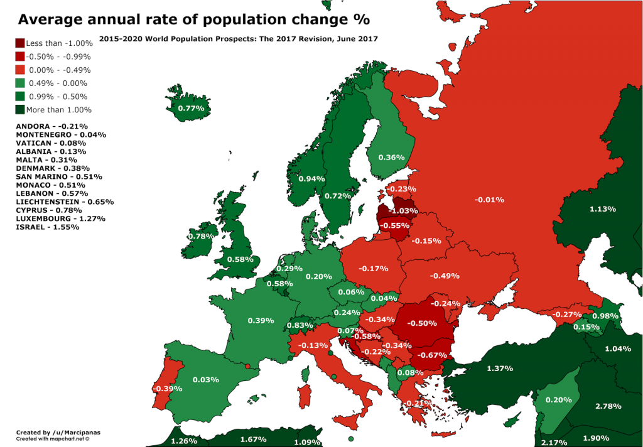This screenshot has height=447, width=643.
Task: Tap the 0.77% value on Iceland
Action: click(190, 108)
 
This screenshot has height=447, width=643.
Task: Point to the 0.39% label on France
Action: click(261, 321)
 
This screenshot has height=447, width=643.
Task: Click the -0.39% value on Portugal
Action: click(167, 389)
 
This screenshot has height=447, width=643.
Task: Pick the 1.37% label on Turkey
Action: click(500, 368)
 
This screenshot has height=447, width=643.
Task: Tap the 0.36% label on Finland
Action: click(391, 158)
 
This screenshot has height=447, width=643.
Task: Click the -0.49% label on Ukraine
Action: click(445, 276)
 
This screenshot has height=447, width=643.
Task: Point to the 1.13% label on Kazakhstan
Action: click(603, 209)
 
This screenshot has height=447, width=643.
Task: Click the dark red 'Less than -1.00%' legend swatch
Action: click(20, 43)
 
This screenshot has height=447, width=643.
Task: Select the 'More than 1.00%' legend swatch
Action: click(20, 109)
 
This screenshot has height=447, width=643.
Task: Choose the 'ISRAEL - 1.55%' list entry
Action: click(48, 227)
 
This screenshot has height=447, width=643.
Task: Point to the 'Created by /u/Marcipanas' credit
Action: click(53, 433)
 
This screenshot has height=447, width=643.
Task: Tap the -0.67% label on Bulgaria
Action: click(433, 355)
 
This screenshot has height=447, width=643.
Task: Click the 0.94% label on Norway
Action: click(311, 179)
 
